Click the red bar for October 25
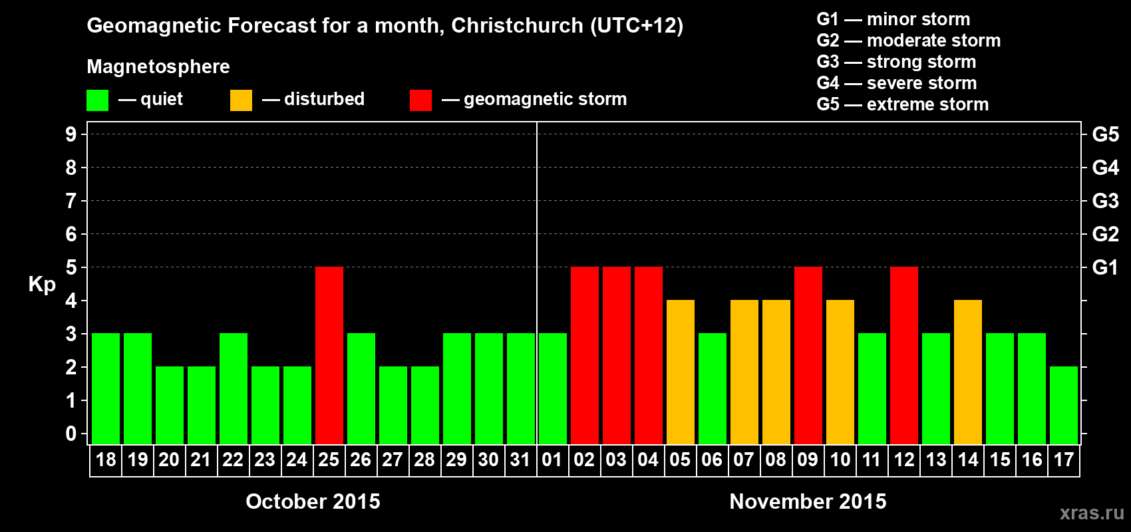(x=329, y=355)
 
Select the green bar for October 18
(x=106, y=388)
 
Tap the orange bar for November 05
(x=681, y=372)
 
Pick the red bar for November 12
(x=904, y=355)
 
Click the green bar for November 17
(x=1064, y=405)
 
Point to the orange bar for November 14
(x=968, y=372)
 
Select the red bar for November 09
(x=808, y=355)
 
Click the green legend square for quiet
(x=97, y=100)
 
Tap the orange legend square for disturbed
(x=241, y=100)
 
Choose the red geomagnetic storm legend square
(x=420, y=100)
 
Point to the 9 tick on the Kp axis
(x=71, y=134)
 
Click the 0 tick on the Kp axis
(x=71, y=434)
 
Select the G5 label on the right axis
(x=1105, y=134)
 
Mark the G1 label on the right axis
(x=1105, y=267)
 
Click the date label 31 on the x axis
(x=520, y=460)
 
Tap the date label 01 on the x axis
(x=552, y=460)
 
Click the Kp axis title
(x=42, y=284)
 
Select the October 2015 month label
(x=313, y=501)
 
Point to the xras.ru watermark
(x=1092, y=512)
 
